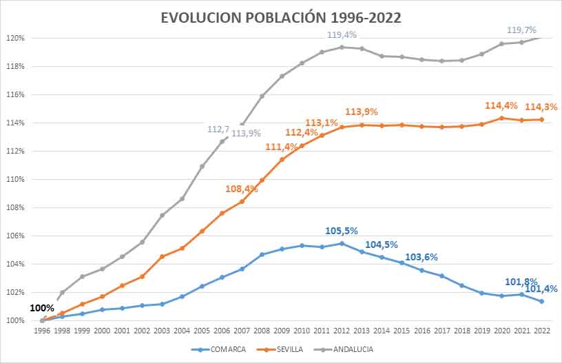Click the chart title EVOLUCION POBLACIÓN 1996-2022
pos(280,18)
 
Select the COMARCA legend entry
pos(218,349)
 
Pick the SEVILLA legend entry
pos(280,349)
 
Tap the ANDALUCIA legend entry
pos(344,349)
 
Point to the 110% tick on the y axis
pos(15,179)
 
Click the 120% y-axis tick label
pos(15,38)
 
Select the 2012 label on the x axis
pos(342,331)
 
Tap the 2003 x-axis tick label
pos(162,331)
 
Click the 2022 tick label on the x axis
pos(541,331)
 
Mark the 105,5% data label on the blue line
pos(341,231)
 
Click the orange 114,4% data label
pos(501,105)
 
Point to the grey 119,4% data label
pos(342,35)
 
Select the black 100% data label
pos(42,308)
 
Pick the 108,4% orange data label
pos(242,189)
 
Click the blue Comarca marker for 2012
pos(342,244)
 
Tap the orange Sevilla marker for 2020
pos(502,118)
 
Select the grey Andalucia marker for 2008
pos(262,96)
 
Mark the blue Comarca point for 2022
pos(541,302)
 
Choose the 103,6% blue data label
pos(421,258)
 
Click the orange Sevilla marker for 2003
pos(162,256)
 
